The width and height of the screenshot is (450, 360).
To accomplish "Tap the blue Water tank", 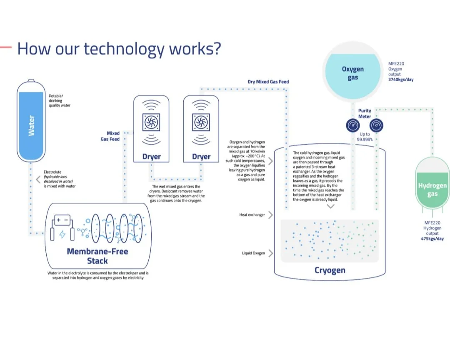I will coord(31,121).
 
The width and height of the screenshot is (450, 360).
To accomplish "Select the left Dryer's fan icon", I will coord(151,122).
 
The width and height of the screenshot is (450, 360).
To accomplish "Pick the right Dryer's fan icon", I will coord(201,122).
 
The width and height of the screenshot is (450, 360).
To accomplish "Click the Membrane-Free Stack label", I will coord(97,256).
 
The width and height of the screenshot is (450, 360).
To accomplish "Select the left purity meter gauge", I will coord(353,125).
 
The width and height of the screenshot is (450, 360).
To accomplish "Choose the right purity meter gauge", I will coord(376,125).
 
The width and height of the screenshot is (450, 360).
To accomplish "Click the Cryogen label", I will coord(330,270).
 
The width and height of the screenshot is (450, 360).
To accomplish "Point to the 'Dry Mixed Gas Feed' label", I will coord(268,82).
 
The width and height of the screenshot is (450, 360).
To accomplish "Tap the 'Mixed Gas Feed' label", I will coord(110,136).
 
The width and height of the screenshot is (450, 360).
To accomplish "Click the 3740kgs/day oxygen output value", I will coord(401,80).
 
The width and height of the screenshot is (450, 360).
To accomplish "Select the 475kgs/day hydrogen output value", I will coord(432,239).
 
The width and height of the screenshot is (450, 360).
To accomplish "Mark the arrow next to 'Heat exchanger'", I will coord(271,215).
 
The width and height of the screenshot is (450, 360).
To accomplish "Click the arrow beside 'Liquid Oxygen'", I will coord(271,253).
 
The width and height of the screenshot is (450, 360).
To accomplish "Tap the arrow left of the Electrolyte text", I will coord(38,180).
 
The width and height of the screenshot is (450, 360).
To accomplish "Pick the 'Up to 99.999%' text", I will coord(365,137).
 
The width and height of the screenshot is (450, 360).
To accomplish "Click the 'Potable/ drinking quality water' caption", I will coord(60,100).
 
